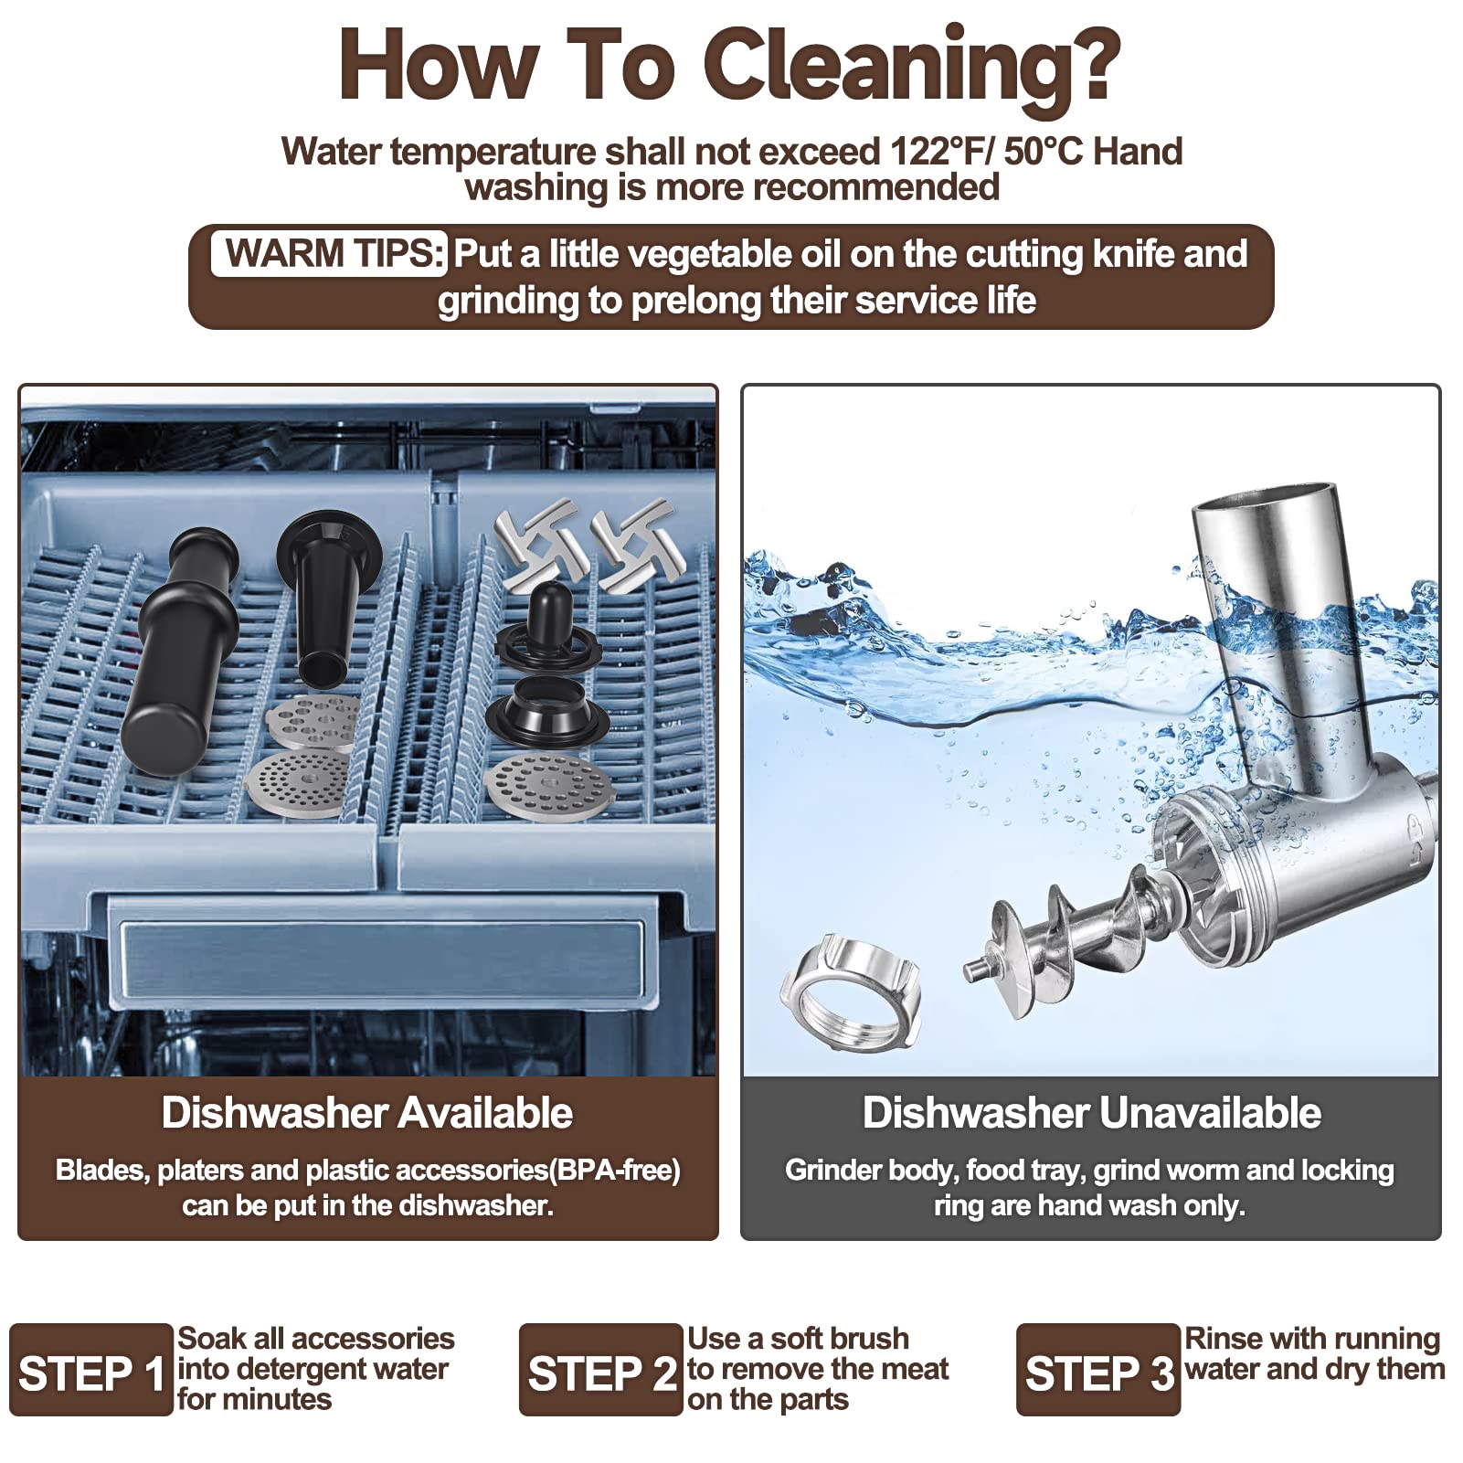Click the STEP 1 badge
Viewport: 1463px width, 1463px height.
coord(91,1370)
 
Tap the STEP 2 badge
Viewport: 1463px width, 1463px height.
coord(601,1370)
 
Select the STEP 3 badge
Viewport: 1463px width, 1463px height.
coord(1098,1370)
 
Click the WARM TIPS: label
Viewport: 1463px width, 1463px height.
coord(330,253)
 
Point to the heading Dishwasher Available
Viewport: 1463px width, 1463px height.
coord(367,1113)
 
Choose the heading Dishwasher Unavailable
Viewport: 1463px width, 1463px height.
coord(1092,1113)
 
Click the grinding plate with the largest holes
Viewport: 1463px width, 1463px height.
coord(313,722)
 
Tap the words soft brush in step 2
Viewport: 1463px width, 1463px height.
coord(840,1339)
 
